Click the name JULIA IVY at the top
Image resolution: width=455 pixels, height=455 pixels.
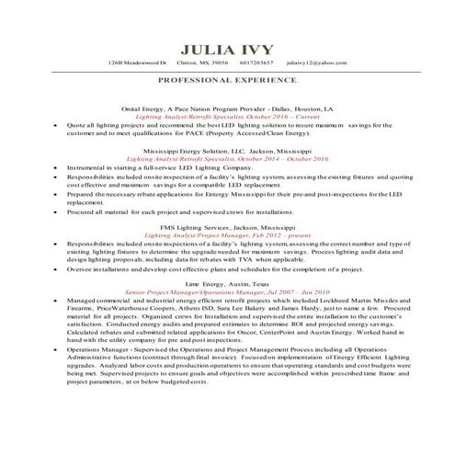pos(227,49)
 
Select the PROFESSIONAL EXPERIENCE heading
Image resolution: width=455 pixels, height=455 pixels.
pos(227,81)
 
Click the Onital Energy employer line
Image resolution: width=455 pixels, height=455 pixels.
pos(227,108)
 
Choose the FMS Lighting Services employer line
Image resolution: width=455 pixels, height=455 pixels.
pos(227,225)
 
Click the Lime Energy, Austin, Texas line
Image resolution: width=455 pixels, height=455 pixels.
pos(227,284)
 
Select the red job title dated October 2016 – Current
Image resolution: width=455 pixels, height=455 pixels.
pos(227,117)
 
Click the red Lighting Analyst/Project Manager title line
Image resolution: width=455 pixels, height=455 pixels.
pos(227,233)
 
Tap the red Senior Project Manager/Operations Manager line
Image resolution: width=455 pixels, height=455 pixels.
pos(227,291)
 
